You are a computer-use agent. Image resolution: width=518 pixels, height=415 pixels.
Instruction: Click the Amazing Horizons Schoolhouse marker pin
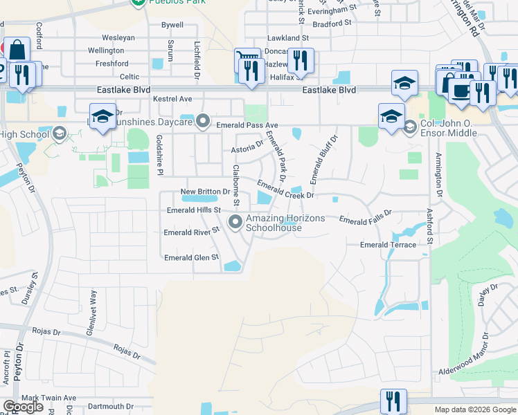pyautogui.click(x=235, y=222)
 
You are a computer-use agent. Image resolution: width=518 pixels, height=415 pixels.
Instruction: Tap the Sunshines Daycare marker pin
pyautogui.click(x=203, y=122)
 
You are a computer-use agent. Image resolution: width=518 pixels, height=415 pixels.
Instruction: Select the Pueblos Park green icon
pyautogui.click(x=139, y=3)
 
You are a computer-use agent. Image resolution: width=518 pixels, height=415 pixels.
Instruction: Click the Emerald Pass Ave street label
pyautogui.click(x=247, y=125)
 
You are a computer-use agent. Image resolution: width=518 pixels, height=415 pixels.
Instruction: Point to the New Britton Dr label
pyautogui.click(x=205, y=192)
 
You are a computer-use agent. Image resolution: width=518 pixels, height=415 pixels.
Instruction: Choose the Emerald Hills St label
pyautogui.click(x=193, y=210)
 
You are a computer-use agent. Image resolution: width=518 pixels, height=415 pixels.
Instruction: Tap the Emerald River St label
pyautogui.click(x=191, y=233)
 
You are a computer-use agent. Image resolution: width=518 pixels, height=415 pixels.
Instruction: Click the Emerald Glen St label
pyautogui.click(x=191, y=258)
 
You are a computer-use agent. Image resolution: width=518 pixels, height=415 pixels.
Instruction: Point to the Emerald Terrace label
pyautogui.click(x=388, y=245)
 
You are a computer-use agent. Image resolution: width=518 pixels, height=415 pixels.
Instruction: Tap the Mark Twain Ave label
pyautogui.click(x=48, y=398)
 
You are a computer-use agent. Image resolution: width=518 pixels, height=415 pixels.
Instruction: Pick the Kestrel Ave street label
pyautogui.click(x=172, y=100)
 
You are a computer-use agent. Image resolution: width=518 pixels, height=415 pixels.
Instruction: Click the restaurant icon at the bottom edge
pyautogui.click(x=393, y=401)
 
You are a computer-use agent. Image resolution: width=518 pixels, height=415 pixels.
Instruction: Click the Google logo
pyautogui.click(x=23, y=407)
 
